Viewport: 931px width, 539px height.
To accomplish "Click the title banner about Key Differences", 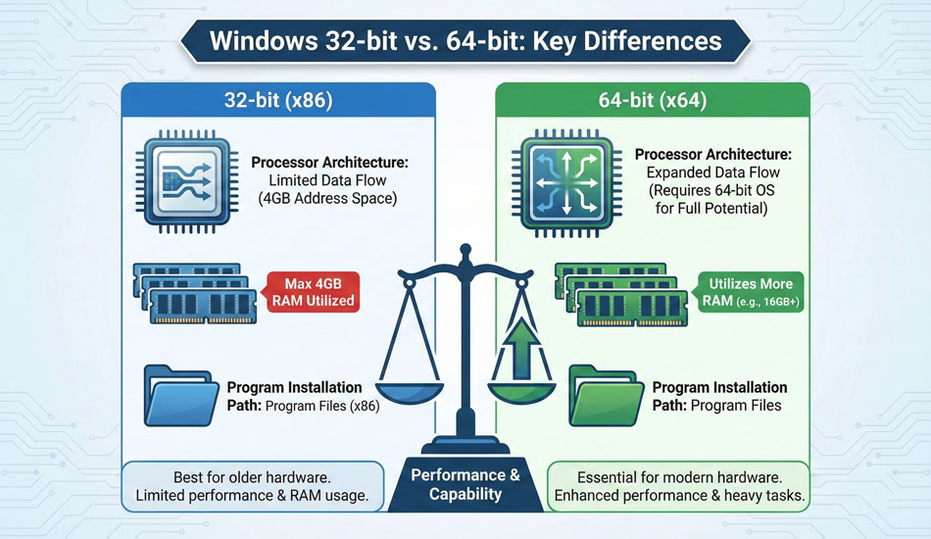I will click(465, 42).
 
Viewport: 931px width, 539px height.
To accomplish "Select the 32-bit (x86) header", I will click(277, 101).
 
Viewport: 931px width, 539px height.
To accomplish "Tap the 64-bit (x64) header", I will click(653, 101).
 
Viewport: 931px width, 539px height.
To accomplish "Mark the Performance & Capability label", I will click(465, 484).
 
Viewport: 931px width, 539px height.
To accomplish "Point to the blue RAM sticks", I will click(197, 292).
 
